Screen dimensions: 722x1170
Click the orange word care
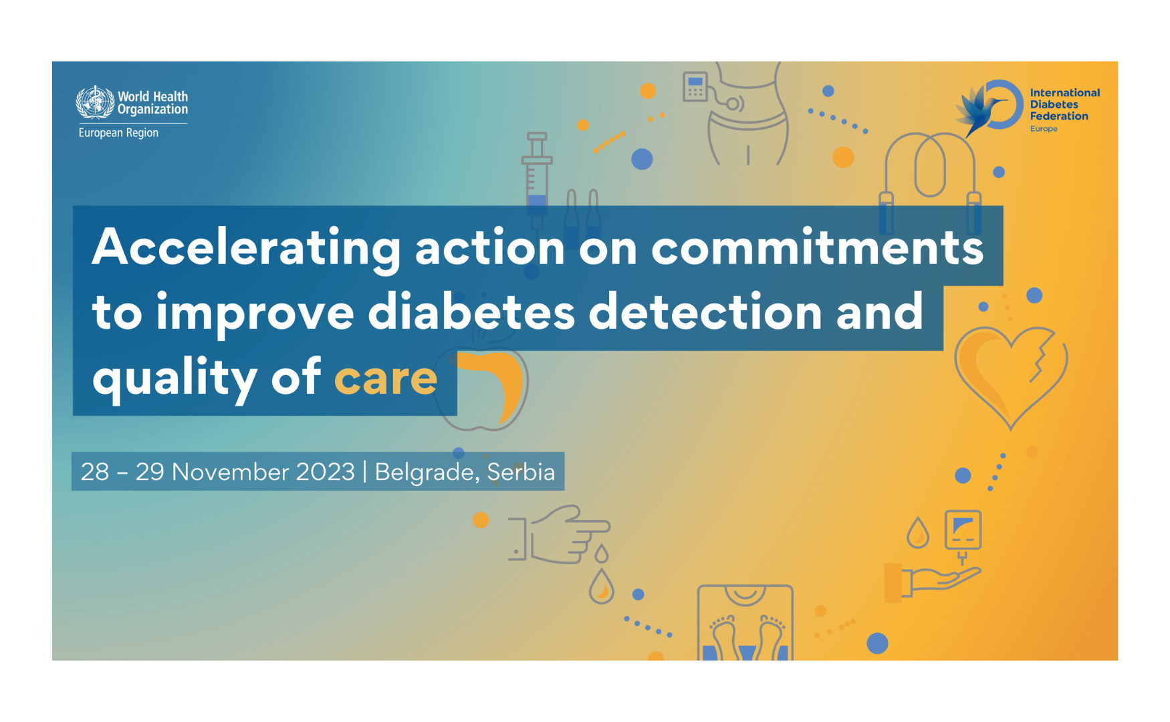(386, 378)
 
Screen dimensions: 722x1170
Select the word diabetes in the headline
(471, 313)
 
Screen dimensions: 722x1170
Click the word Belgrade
(424, 472)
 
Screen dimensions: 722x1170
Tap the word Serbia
(521, 472)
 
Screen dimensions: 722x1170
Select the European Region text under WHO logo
(118, 133)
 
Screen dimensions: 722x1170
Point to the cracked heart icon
(1010, 375)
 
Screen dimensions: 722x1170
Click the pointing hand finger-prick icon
(562, 535)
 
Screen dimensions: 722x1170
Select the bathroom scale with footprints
(745, 623)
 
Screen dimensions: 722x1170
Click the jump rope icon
(929, 177)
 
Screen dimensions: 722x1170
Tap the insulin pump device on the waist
(695, 88)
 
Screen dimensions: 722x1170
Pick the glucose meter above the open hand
(963, 531)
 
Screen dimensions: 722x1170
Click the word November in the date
(263, 472)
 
